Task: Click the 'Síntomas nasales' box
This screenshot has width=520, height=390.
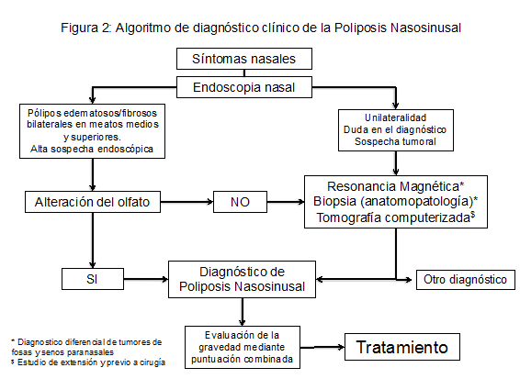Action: pyautogui.click(x=244, y=59)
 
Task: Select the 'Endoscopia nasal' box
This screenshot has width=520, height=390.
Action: pyautogui.click(x=244, y=87)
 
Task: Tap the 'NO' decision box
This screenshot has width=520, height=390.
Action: pyautogui.click(x=240, y=202)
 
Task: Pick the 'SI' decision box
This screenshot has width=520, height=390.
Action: pyautogui.click(x=93, y=279)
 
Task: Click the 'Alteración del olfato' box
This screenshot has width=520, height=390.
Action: pyautogui.click(x=93, y=202)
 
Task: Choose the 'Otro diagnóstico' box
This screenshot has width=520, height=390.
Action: pyautogui.click(x=466, y=280)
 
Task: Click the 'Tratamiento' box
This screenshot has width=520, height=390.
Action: pyautogui.click(x=402, y=347)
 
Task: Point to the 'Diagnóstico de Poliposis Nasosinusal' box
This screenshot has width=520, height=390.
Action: pyautogui.click(x=243, y=279)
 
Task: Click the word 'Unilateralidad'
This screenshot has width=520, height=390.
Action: pyautogui.click(x=395, y=117)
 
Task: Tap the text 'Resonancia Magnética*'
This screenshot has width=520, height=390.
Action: pyautogui.click(x=395, y=186)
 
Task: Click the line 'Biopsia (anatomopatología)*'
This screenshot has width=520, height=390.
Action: pyautogui.click(x=395, y=201)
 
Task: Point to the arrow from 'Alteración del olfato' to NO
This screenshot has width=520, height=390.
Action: pyautogui.click(x=187, y=202)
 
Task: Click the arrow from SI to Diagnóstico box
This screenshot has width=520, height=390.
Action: pyautogui.click(x=146, y=279)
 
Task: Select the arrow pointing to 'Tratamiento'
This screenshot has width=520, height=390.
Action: pyautogui.click(x=322, y=347)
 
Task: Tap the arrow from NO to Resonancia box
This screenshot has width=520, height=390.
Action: pyautogui.click(x=286, y=202)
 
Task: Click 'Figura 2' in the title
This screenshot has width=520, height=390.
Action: pyautogui.click(x=85, y=28)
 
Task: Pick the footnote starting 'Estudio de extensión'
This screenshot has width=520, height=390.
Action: pyautogui.click(x=88, y=362)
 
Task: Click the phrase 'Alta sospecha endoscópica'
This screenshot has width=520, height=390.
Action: pyautogui.click(x=92, y=149)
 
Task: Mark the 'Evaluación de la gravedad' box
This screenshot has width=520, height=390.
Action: pyautogui.click(x=243, y=347)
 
